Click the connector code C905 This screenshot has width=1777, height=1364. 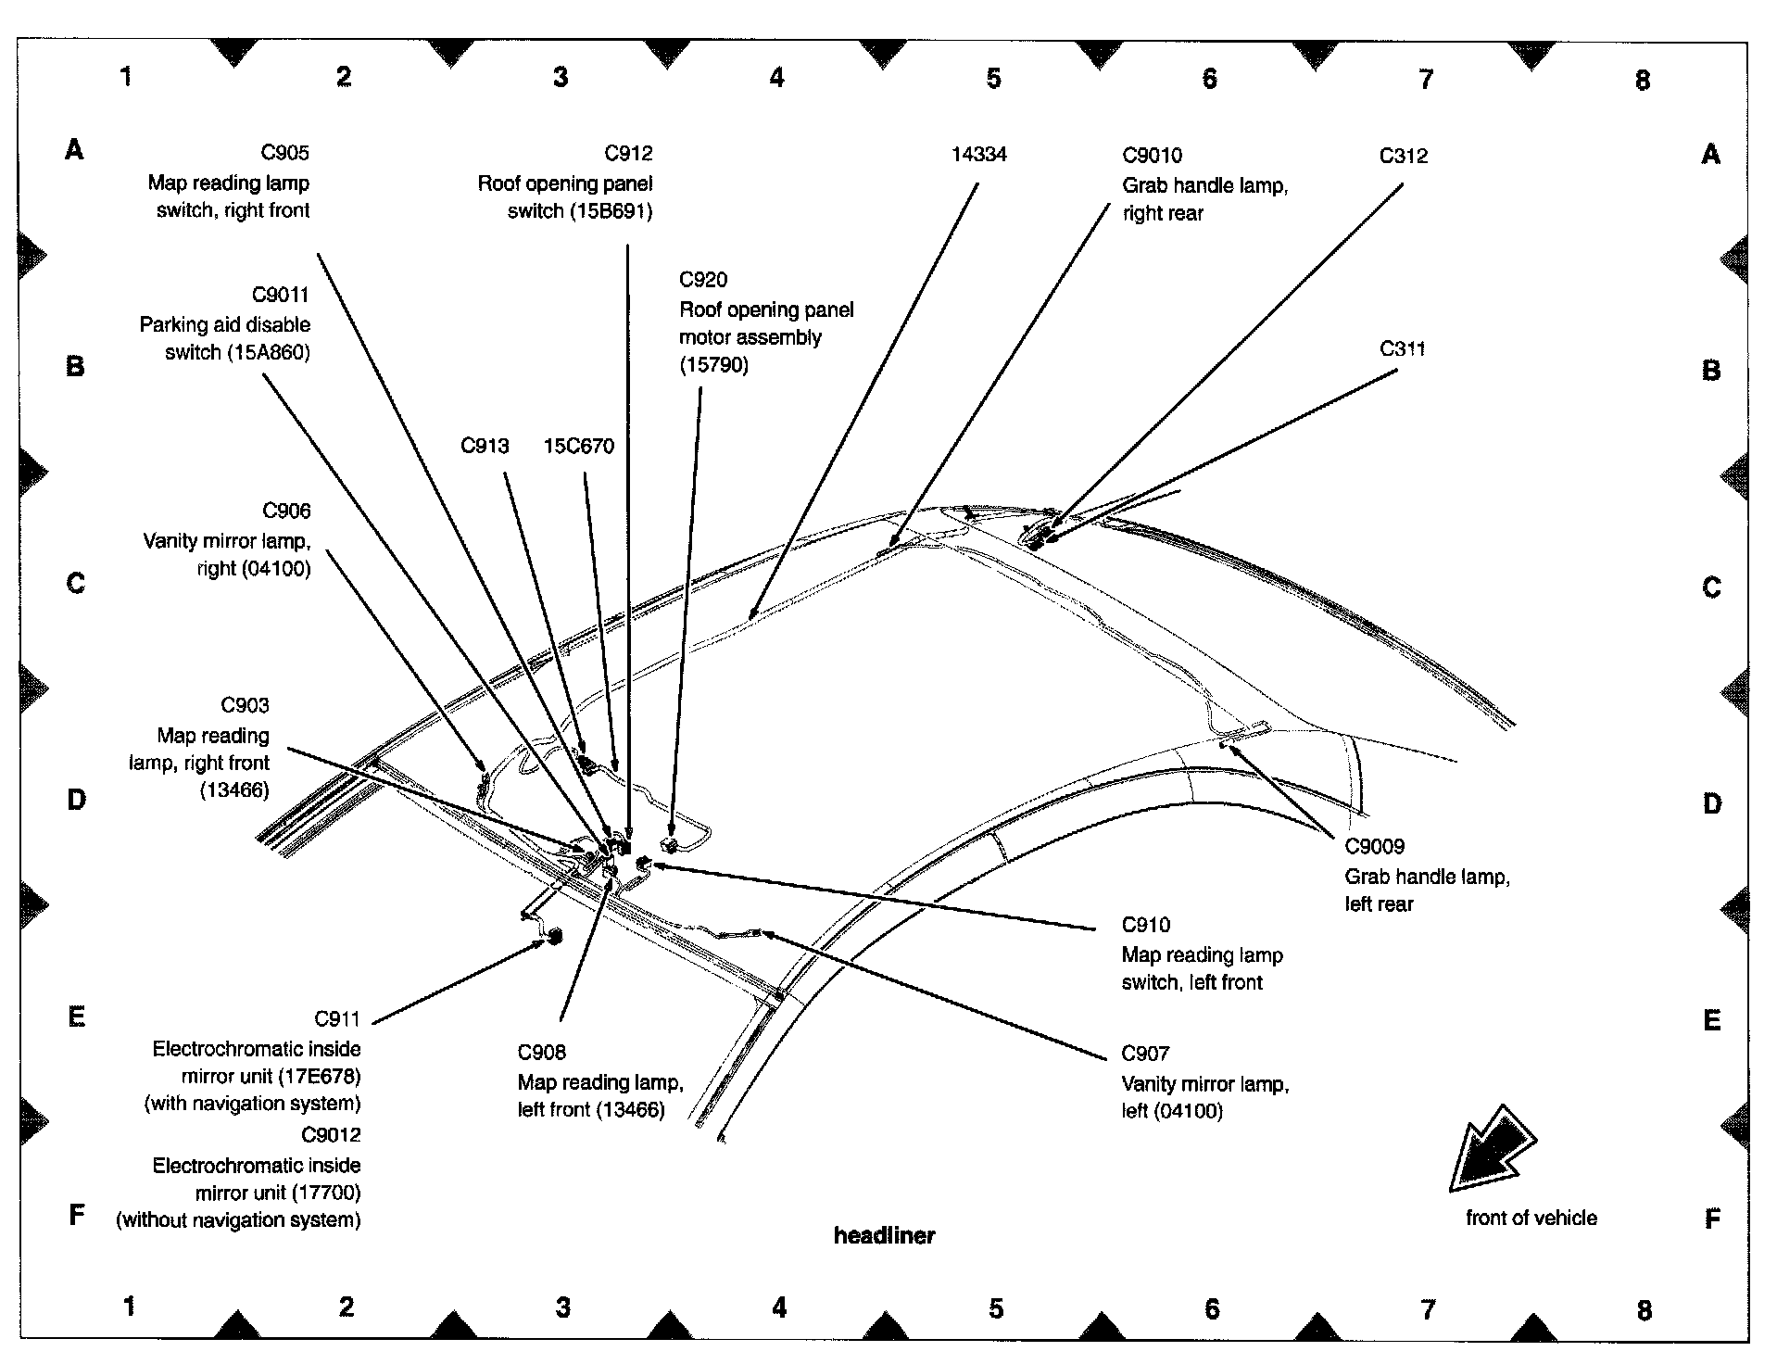[x=284, y=153]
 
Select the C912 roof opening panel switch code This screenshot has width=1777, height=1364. [x=628, y=154]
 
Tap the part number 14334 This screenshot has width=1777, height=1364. [x=978, y=155]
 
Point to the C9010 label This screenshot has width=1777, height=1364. [x=1152, y=156]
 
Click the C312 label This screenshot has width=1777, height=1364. [x=1403, y=156]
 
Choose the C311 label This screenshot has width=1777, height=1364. [x=1402, y=349]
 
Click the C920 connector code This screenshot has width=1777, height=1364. [x=703, y=280]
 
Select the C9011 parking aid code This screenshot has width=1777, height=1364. [x=281, y=296]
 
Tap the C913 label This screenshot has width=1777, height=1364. [x=485, y=447]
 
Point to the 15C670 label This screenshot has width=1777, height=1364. [x=578, y=447]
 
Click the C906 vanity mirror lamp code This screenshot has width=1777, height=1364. [x=286, y=511]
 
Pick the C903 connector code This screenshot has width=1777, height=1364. [x=245, y=706]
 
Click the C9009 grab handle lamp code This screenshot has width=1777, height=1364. [x=1374, y=847]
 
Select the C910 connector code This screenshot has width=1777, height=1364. [x=1145, y=926]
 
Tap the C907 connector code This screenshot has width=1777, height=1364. [x=1145, y=1055]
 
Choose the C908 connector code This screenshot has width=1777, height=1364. [x=541, y=1053]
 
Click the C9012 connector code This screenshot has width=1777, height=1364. [x=331, y=1135]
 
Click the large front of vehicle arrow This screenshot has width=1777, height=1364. [x=1491, y=1149]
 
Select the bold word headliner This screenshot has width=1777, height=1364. [x=884, y=1236]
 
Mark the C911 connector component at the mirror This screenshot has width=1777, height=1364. [x=556, y=935]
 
